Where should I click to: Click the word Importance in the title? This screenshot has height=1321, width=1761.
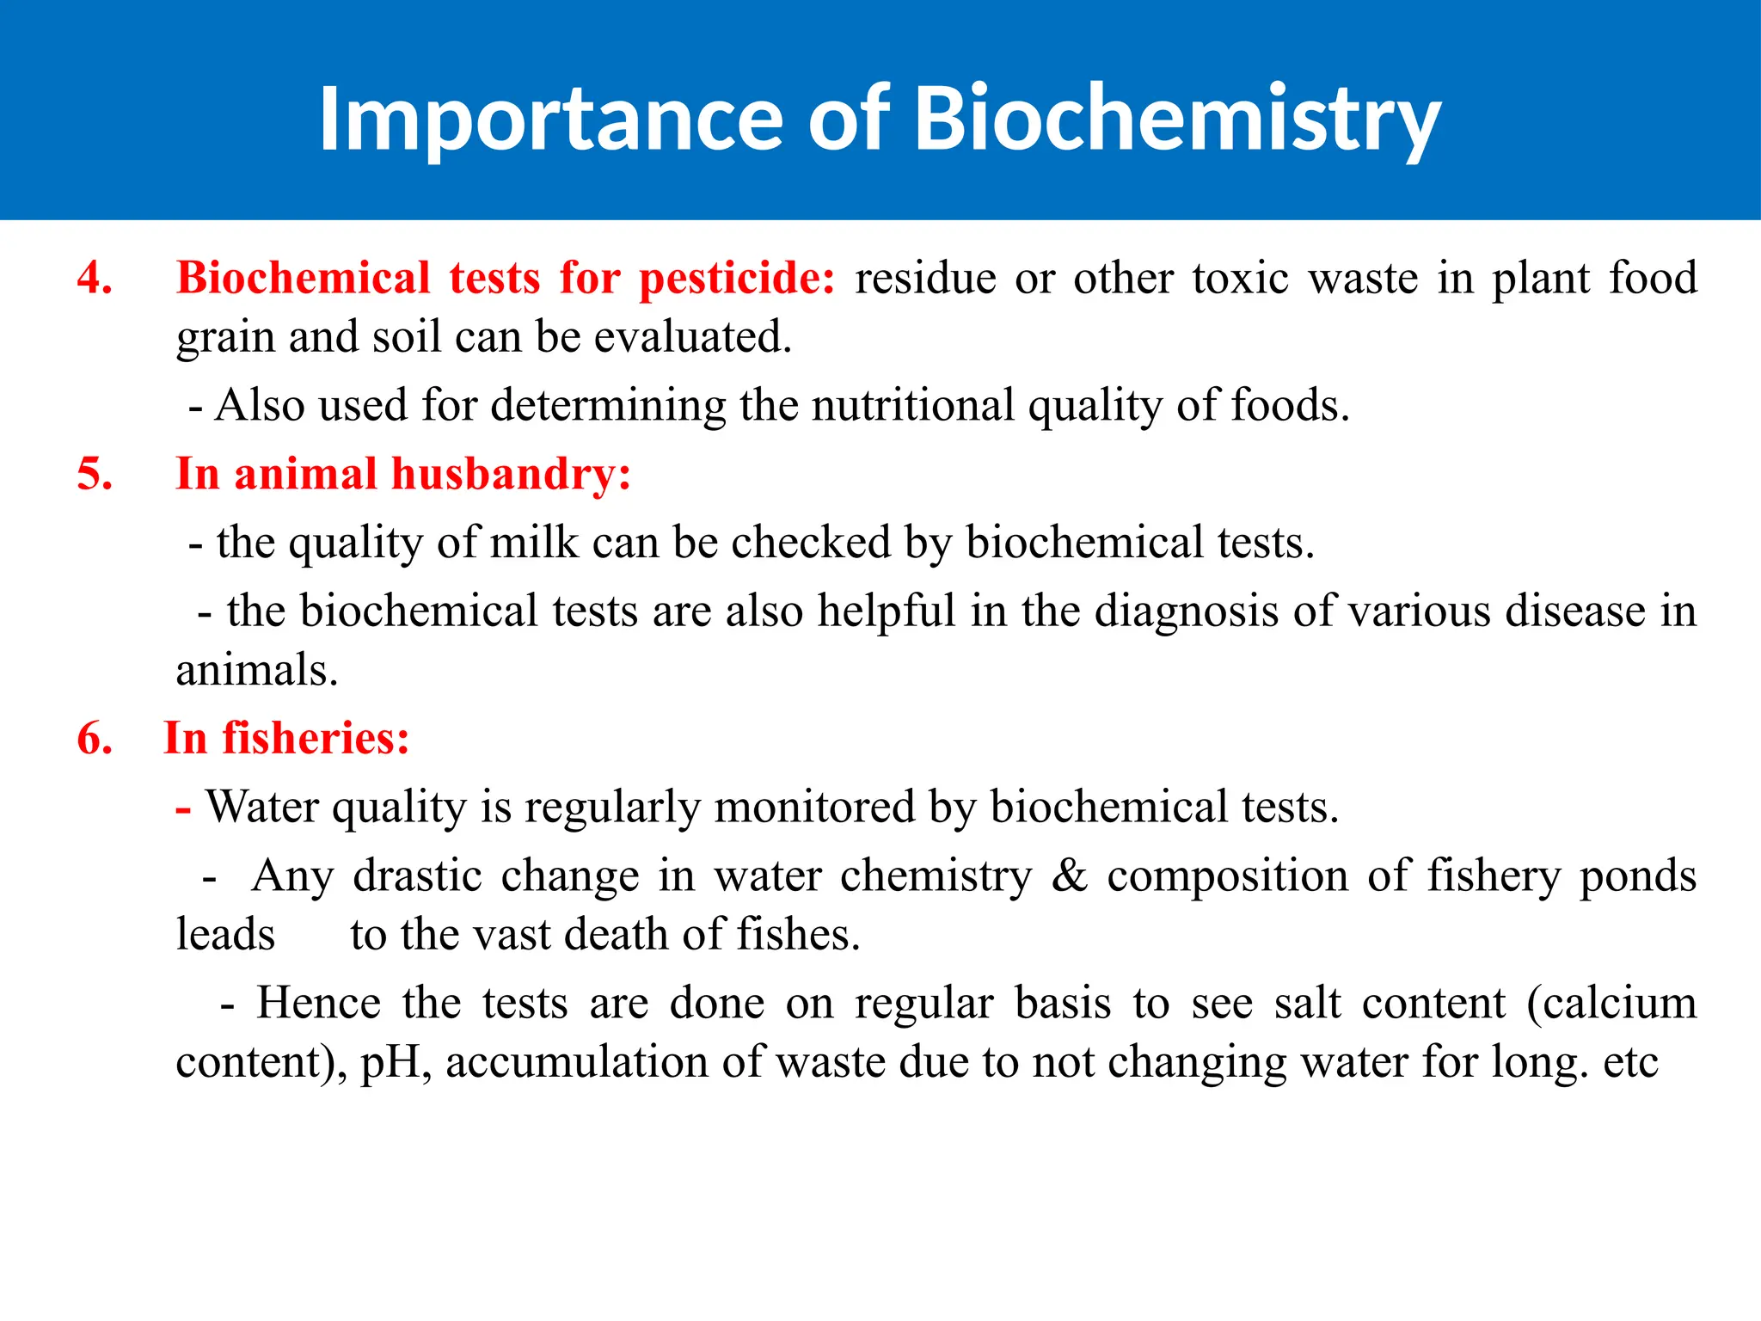tap(550, 120)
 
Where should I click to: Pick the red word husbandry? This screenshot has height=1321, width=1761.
tap(511, 475)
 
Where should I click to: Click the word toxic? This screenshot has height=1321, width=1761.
tap(1240, 279)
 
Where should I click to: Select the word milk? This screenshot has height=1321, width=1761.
tap(534, 543)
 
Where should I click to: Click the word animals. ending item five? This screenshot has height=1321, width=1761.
tap(257, 670)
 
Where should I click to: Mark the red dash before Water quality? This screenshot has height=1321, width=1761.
tap(183, 808)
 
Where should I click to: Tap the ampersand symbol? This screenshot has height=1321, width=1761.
tap(1069, 876)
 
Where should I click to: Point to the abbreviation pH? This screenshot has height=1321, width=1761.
tap(396, 1062)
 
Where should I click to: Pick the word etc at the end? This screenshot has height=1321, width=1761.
tap(1630, 1062)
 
